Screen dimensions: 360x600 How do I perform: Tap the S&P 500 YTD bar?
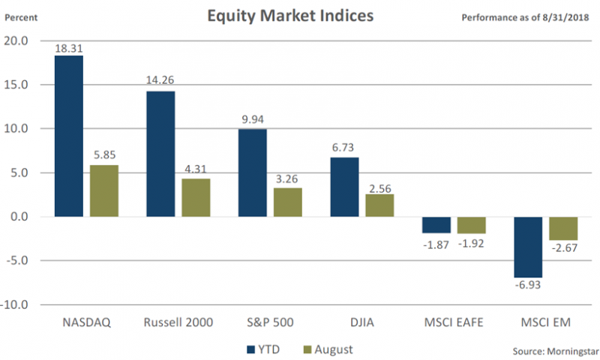252,173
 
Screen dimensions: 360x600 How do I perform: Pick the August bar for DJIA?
379,205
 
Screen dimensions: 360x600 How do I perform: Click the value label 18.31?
69,48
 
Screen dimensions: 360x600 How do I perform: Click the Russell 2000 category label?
178,322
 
